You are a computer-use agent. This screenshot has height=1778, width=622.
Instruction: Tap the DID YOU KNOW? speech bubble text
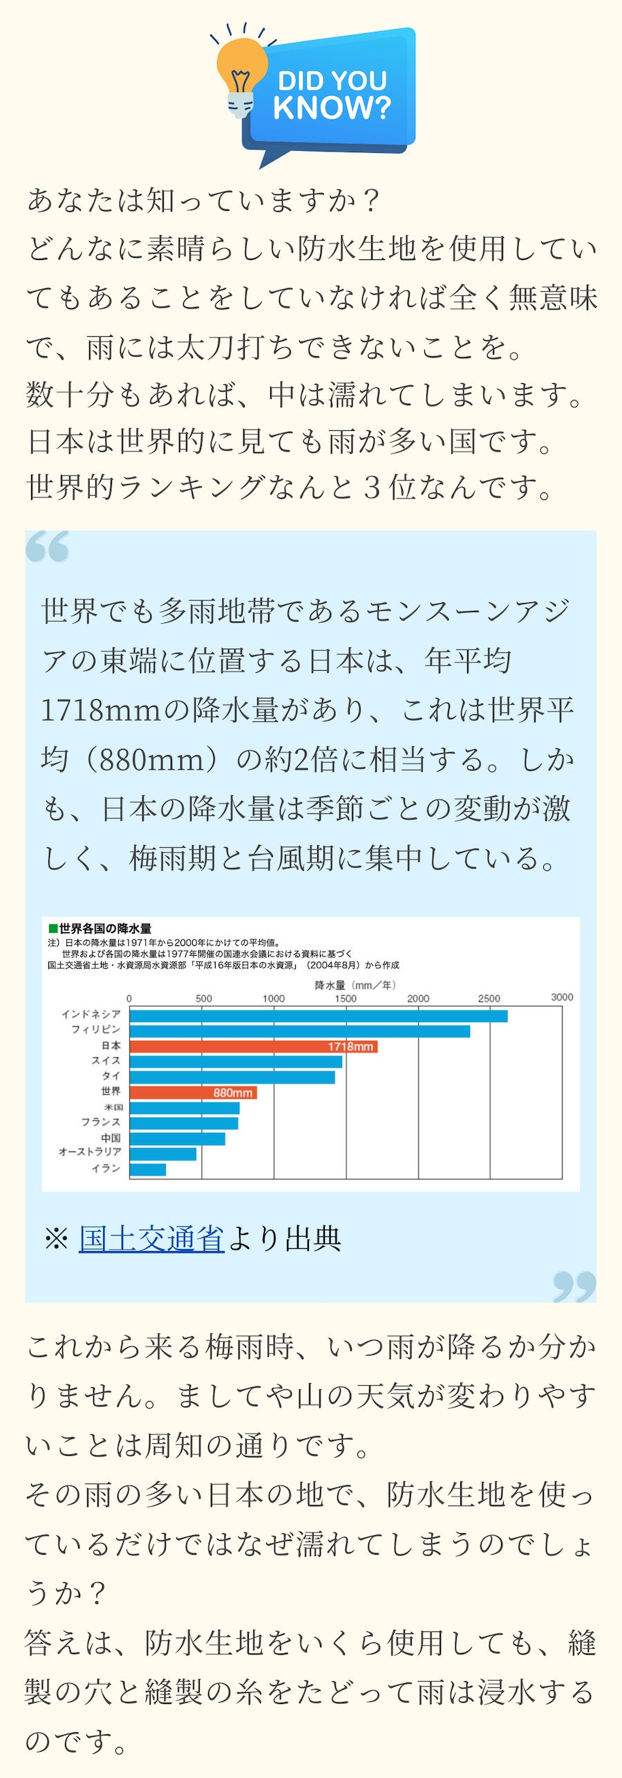[332, 95]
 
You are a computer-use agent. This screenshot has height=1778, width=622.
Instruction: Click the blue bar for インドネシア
[318, 1016]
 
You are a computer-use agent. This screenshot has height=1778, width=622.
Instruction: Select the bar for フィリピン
[299, 1031]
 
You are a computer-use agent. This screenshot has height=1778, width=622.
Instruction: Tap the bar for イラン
[147, 1169]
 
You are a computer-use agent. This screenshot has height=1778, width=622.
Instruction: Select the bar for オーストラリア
[162, 1154]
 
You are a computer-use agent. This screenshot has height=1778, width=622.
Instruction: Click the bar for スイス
[235, 1062]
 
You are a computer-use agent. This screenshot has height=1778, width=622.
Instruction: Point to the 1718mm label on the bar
[350, 1046]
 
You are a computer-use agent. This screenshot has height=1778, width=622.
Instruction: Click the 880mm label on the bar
[233, 1093]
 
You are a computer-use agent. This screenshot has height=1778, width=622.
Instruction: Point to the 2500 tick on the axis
[489, 998]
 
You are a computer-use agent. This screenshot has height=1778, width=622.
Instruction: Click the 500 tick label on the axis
[203, 998]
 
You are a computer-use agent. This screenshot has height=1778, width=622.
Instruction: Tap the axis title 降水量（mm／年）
[355, 985]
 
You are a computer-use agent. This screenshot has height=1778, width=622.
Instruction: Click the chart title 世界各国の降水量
[104, 928]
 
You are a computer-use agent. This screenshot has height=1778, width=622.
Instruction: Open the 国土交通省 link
[151, 1238]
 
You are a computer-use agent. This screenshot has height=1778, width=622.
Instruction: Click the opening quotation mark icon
[48, 546]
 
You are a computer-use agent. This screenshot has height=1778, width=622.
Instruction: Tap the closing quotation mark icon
[574, 1286]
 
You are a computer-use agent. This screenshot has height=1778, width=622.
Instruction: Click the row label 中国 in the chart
[111, 1138]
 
